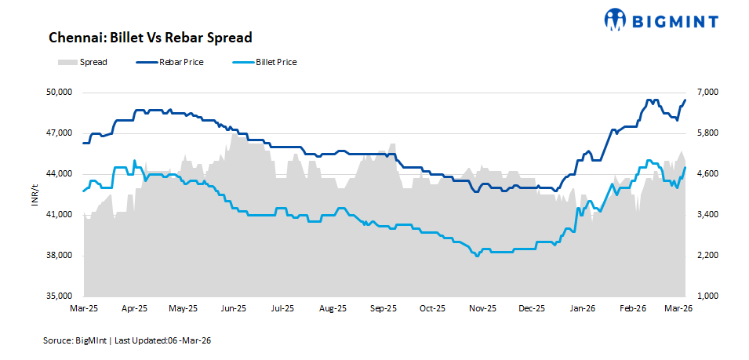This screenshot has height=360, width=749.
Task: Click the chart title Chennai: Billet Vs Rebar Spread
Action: pyautogui.click(x=150, y=38)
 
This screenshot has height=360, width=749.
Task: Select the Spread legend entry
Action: pyautogui.click(x=82, y=62)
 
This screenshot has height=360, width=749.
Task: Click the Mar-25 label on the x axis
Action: pyautogui.click(x=83, y=309)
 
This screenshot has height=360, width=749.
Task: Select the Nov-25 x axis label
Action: pyautogui.click(x=482, y=309)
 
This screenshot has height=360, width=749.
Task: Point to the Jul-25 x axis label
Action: pyautogui.click(x=283, y=309)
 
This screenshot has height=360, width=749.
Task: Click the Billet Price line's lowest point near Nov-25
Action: pyautogui.click(x=476, y=256)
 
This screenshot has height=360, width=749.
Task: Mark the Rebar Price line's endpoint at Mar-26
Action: pyautogui.click(x=685, y=100)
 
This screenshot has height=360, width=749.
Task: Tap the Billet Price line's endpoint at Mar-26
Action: pyautogui.click(x=685, y=167)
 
